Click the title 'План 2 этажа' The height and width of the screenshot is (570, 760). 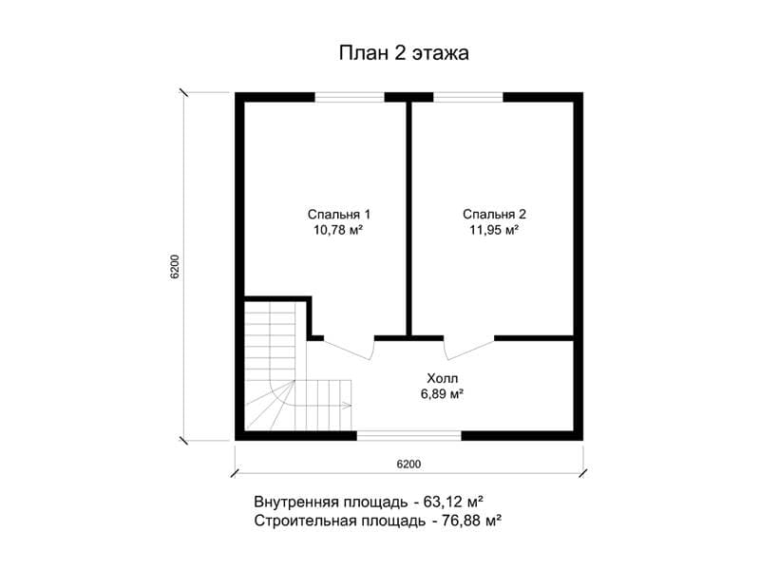(x=404, y=53)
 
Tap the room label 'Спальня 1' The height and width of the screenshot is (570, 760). (x=339, y=214)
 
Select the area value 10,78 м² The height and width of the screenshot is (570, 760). (x=338, y=230)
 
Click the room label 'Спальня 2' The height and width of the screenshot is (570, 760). (x=494, y=214)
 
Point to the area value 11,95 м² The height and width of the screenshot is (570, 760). (x=494, y=230)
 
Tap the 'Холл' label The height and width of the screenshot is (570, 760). (x=442, y=378)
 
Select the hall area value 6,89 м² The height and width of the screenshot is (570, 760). (x=442, y=394)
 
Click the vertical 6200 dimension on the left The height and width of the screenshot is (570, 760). (x=175, y=267)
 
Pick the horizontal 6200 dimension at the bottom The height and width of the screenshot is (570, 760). (x=408, y=465)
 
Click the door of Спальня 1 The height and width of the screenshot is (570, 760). (x=349, y=348)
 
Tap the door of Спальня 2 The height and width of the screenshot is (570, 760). (x=469, y=348)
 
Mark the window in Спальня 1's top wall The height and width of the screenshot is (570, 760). (x=350, y=97)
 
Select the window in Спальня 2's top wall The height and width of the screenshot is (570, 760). (x=468, y=97)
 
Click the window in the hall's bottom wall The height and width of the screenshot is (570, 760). (x=409, y=435)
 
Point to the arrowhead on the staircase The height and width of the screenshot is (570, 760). (x=348, y=406)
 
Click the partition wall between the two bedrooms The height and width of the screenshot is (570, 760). (x=409, y=218)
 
